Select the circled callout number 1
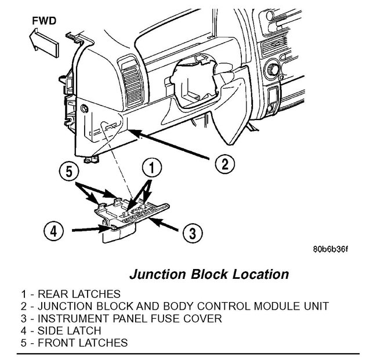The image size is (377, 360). point(151,170)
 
